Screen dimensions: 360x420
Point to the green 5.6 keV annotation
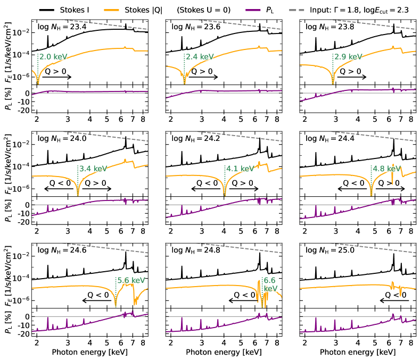[130, 280]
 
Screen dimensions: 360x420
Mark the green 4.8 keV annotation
[388, 169]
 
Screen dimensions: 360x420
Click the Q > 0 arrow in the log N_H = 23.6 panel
[202, 77]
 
